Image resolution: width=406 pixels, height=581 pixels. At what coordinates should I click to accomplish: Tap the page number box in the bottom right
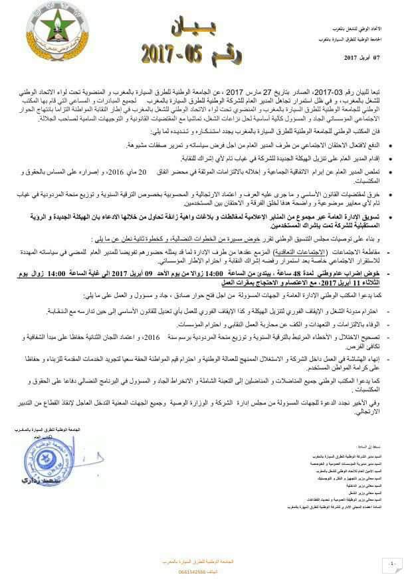coord(391,563)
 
